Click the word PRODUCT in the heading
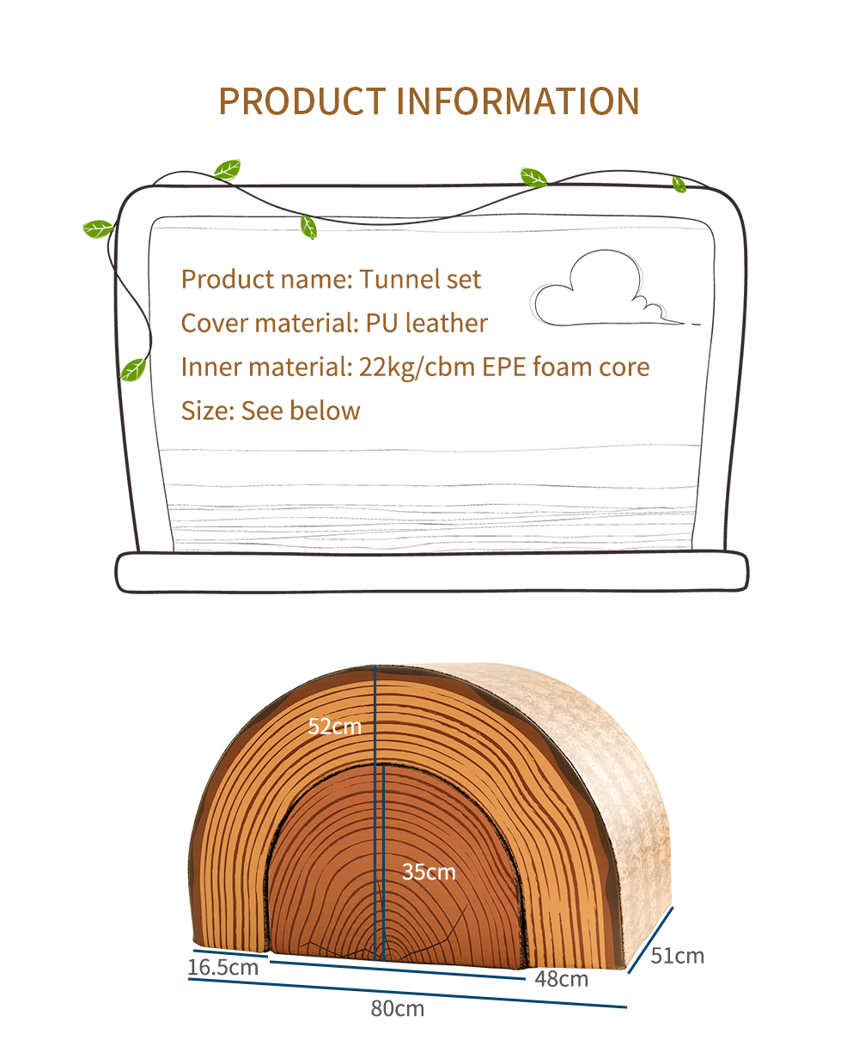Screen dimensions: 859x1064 click(x=302, y=101)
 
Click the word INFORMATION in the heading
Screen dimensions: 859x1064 click(x=518, y=101)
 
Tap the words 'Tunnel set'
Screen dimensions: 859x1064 click(x=420, y=279)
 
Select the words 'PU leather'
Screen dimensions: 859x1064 click(x=426, y=323)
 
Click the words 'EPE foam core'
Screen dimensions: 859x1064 click(x=565, y=367)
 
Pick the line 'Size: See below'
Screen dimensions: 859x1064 click(x=271, y=410)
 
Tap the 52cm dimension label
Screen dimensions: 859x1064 click(x=334, y=726)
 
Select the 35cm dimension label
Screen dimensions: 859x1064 click(x=429, y=872)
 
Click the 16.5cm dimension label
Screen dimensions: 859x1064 click(x=222, y=967)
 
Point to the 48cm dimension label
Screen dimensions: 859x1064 click(x=561, y=979)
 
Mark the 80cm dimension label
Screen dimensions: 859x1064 click(x=397, y=1008)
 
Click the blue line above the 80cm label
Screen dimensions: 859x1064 click(x=407, y=993)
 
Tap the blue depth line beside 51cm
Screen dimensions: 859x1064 click(x=650, y=939)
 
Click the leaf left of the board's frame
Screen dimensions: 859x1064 click(x=98, y=228)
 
